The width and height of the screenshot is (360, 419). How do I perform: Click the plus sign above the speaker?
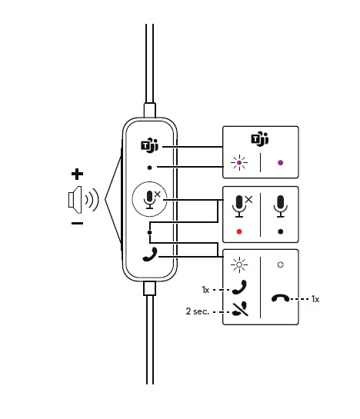click(x=77, y=175)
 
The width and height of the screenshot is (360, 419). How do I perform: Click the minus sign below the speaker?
click(x=77, y=223)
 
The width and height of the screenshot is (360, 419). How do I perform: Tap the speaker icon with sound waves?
click(x=83, y=200)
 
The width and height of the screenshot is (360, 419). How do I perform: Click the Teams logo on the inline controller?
click(x=149, y=145)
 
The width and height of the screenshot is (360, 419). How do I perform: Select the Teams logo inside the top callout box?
click(x=260, y=139)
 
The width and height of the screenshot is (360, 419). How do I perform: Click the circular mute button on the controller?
click(x=149, y=199)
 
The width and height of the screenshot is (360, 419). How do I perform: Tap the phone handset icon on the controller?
click(x=150, y=254)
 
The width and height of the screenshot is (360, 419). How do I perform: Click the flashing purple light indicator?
click(x=239, y=162)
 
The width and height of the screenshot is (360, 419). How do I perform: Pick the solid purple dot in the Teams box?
click(x=280, y=162)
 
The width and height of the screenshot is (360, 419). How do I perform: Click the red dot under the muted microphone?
click(x=239, y=231)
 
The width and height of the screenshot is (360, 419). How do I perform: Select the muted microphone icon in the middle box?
click(x=242, y=206)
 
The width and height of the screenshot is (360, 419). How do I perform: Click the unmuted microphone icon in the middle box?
click(x=280, y=206)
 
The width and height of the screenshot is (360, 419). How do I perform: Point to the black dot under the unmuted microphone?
click(x=280, y=231)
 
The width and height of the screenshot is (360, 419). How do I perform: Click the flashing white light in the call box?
click(x=239, y=264)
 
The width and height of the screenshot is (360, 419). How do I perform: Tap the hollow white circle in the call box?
click(x=280, y=264)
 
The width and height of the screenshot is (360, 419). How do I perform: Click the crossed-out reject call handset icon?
click(x=239, y=309)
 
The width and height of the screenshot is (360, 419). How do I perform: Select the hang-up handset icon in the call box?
click(x=280, y=298)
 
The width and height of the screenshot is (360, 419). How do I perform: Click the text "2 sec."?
click(x=198, y=311)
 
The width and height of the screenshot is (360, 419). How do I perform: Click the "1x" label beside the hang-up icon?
click(x=315, y=299)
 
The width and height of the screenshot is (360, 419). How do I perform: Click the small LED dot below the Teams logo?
click(x=149, y=168)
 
